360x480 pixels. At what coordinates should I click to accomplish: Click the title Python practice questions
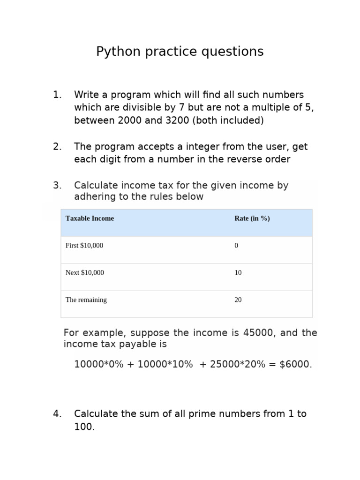(180, 52)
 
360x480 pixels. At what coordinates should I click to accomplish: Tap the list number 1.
(57, 95)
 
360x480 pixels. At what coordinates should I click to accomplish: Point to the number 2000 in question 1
(130, 120)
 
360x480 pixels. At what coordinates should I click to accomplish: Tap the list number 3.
(57, 186)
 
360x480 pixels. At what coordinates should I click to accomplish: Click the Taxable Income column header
(90, 218)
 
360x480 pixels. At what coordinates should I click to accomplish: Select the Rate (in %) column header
(252, 218)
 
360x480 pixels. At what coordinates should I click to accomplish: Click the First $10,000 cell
(84, 246)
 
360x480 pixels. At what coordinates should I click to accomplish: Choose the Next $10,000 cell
(85, 273)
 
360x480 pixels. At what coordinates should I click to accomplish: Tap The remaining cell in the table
(86, 300)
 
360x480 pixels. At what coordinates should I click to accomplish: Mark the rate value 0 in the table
(236, 246)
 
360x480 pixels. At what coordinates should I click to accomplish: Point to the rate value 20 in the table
(238, 300)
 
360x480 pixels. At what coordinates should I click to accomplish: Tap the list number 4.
(57, 414)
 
